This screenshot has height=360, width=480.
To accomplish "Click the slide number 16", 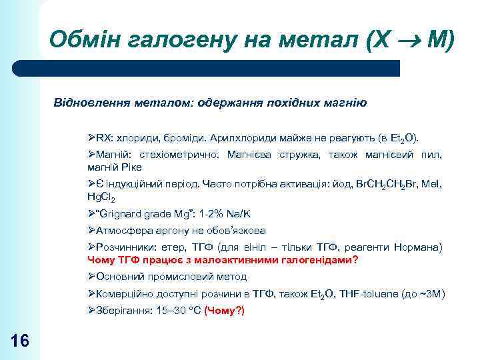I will click(x=21, y=341).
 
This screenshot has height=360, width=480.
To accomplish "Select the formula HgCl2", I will click(x=101, y=197).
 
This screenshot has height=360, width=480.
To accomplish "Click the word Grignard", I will click(x=122, y=213).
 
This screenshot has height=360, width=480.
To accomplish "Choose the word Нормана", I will click(x=418, y=247).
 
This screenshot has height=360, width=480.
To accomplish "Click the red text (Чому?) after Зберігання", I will click(x=225, y=311).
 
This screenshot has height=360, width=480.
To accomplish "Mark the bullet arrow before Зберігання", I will click(x=92, y=311).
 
